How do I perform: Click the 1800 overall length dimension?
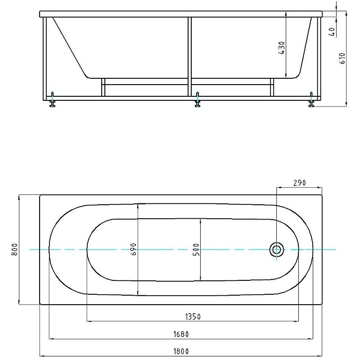click(x=182, y=351)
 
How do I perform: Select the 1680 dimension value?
click(x=182, y=334)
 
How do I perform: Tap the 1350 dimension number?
click(x=193, y=317)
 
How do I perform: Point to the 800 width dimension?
click(x=14, y=249)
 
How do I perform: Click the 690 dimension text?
click(x=133, y=249)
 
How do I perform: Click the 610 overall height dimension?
click(x=342, y=58)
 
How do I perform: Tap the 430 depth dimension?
click(x=282, y=48)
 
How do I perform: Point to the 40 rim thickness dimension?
click(x=332, y=32)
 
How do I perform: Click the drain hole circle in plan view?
click(x=276, y=249)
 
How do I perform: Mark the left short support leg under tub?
click(x=103, y=88)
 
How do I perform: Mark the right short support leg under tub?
click(x=272, y=88)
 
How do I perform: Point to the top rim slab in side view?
click(x=182, y=14)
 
